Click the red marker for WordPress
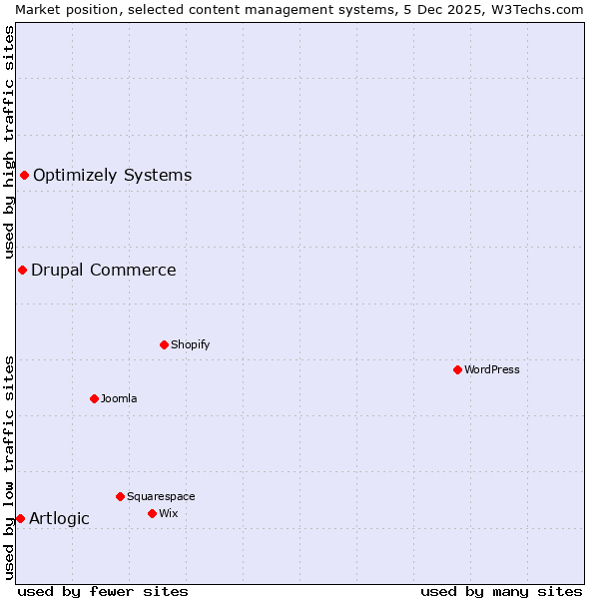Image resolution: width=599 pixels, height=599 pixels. tap(457, 369)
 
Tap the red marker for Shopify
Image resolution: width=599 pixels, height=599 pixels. tap(164, 344)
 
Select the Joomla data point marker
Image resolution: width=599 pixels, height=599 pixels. tap(94, 398)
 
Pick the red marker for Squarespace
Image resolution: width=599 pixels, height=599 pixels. tap(120, 496)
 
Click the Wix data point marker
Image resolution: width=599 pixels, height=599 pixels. tap(152, 513)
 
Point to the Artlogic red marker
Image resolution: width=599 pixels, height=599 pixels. tap(20, 518)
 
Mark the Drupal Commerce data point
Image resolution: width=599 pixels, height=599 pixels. tap(22, 270)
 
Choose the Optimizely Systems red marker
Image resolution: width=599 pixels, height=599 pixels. tap(24, 176)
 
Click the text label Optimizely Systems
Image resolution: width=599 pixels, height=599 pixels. tap(112, 176)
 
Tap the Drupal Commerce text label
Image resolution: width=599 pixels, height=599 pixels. tap(103, 270)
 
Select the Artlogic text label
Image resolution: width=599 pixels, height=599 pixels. tap(59, 518)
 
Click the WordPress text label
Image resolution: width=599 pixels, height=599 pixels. tap(492, 369)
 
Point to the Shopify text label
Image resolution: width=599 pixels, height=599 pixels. tap(190, 344)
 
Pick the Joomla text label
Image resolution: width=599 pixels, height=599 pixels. tap(119, 398)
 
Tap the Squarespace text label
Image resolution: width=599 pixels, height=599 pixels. tap(161, 496)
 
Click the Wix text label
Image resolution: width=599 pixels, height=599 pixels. tap(168, 513)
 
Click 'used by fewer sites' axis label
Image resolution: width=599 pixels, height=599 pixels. tap(103, 591)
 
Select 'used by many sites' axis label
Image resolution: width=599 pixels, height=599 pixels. tap(501, 591)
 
